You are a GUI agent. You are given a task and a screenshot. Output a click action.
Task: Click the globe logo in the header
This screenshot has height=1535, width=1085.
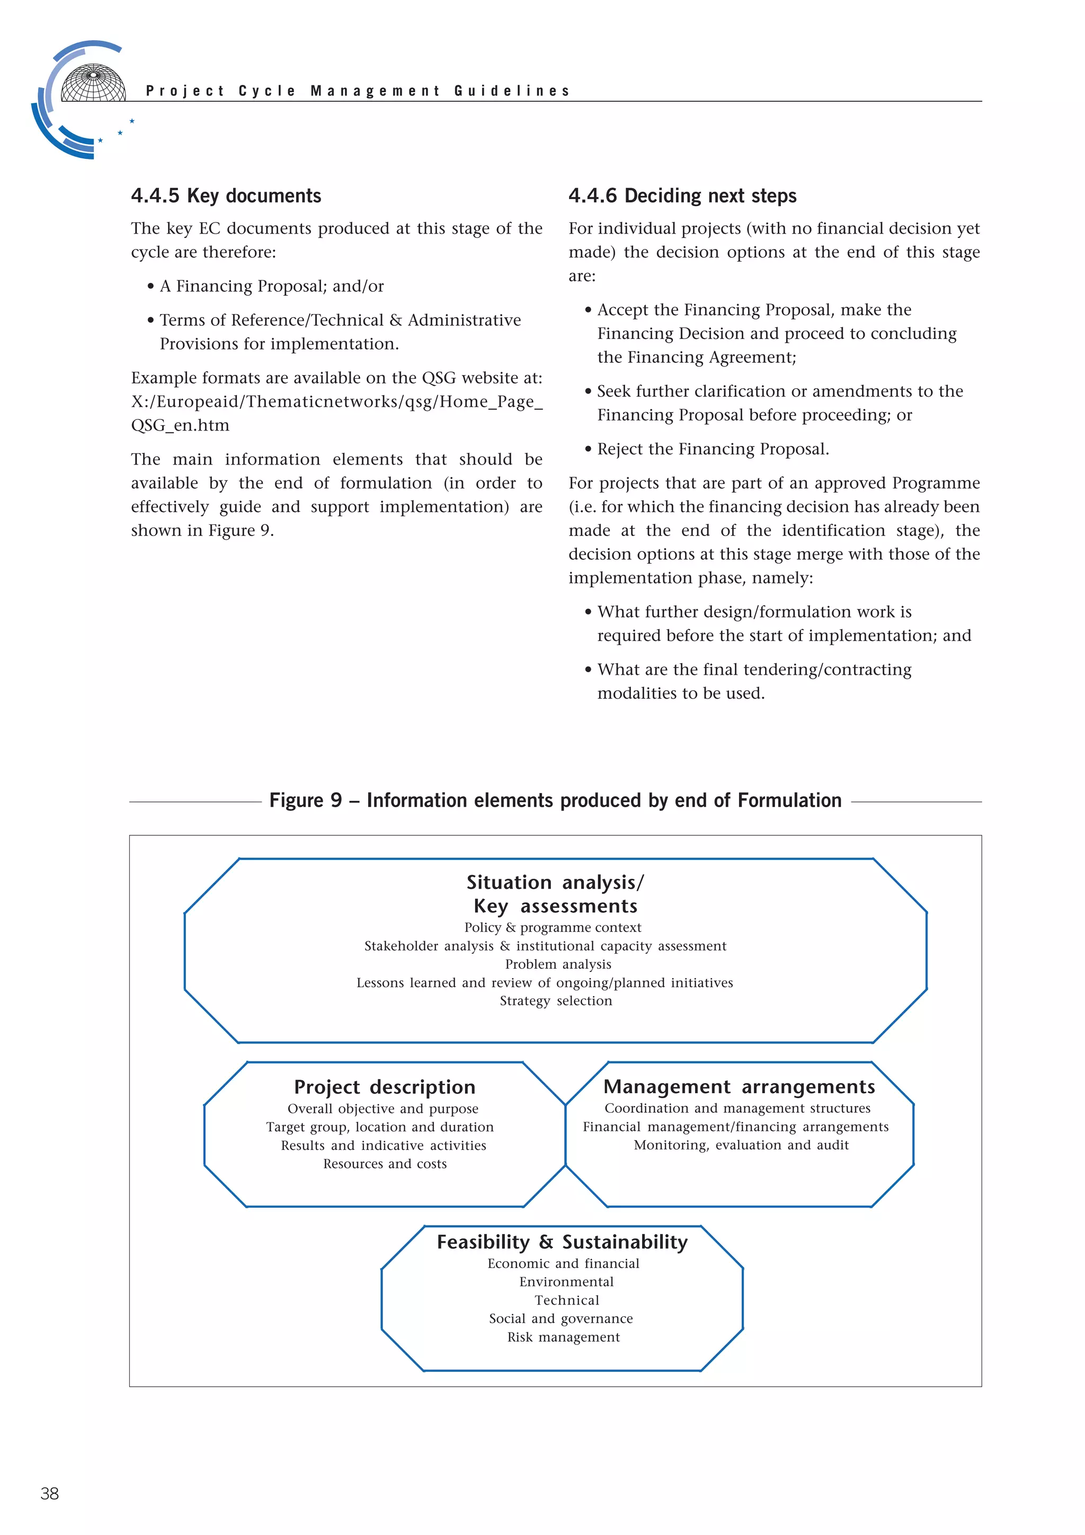(x=92, y=83)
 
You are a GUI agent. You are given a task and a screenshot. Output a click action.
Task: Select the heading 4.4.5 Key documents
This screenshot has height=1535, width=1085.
(x=226, y=195)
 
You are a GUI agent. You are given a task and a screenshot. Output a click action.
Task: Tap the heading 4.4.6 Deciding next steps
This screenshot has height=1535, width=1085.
(x=682, y=195)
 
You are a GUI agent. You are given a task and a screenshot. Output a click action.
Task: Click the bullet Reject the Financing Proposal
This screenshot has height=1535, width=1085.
(x=713, y=449)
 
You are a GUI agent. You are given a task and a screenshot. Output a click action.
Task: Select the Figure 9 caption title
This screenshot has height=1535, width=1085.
(x=555, y=800)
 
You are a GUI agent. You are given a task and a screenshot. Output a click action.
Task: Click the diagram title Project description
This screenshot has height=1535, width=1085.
(x=385, y=1086)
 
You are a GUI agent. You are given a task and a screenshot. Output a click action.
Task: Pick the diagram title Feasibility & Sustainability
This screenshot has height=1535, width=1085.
(x=562, y=1242)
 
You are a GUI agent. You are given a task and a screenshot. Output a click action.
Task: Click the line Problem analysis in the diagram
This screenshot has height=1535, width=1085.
(x=558, y=964)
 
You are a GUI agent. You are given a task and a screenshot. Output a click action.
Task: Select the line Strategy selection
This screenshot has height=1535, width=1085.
(x=556, y=1001)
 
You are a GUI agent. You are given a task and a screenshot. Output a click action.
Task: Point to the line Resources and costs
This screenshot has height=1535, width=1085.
(x=385, y=1164)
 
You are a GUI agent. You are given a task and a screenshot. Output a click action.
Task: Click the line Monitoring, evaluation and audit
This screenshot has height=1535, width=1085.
(x=741, y=1145)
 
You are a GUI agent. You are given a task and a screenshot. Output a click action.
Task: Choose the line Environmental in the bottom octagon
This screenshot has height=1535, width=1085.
(x=566, y=1282)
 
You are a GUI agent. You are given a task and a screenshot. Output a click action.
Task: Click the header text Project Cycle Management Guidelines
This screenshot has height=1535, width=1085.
(x=358, y=91)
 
